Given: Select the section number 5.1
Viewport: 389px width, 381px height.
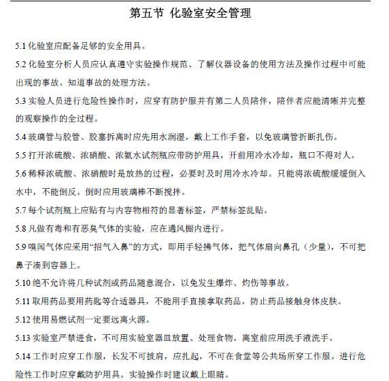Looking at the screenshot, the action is (x=22, y=46).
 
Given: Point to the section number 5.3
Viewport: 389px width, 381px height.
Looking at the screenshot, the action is (x=22, y=101).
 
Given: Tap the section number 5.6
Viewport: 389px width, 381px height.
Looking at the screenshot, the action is (x=22, y=173).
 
